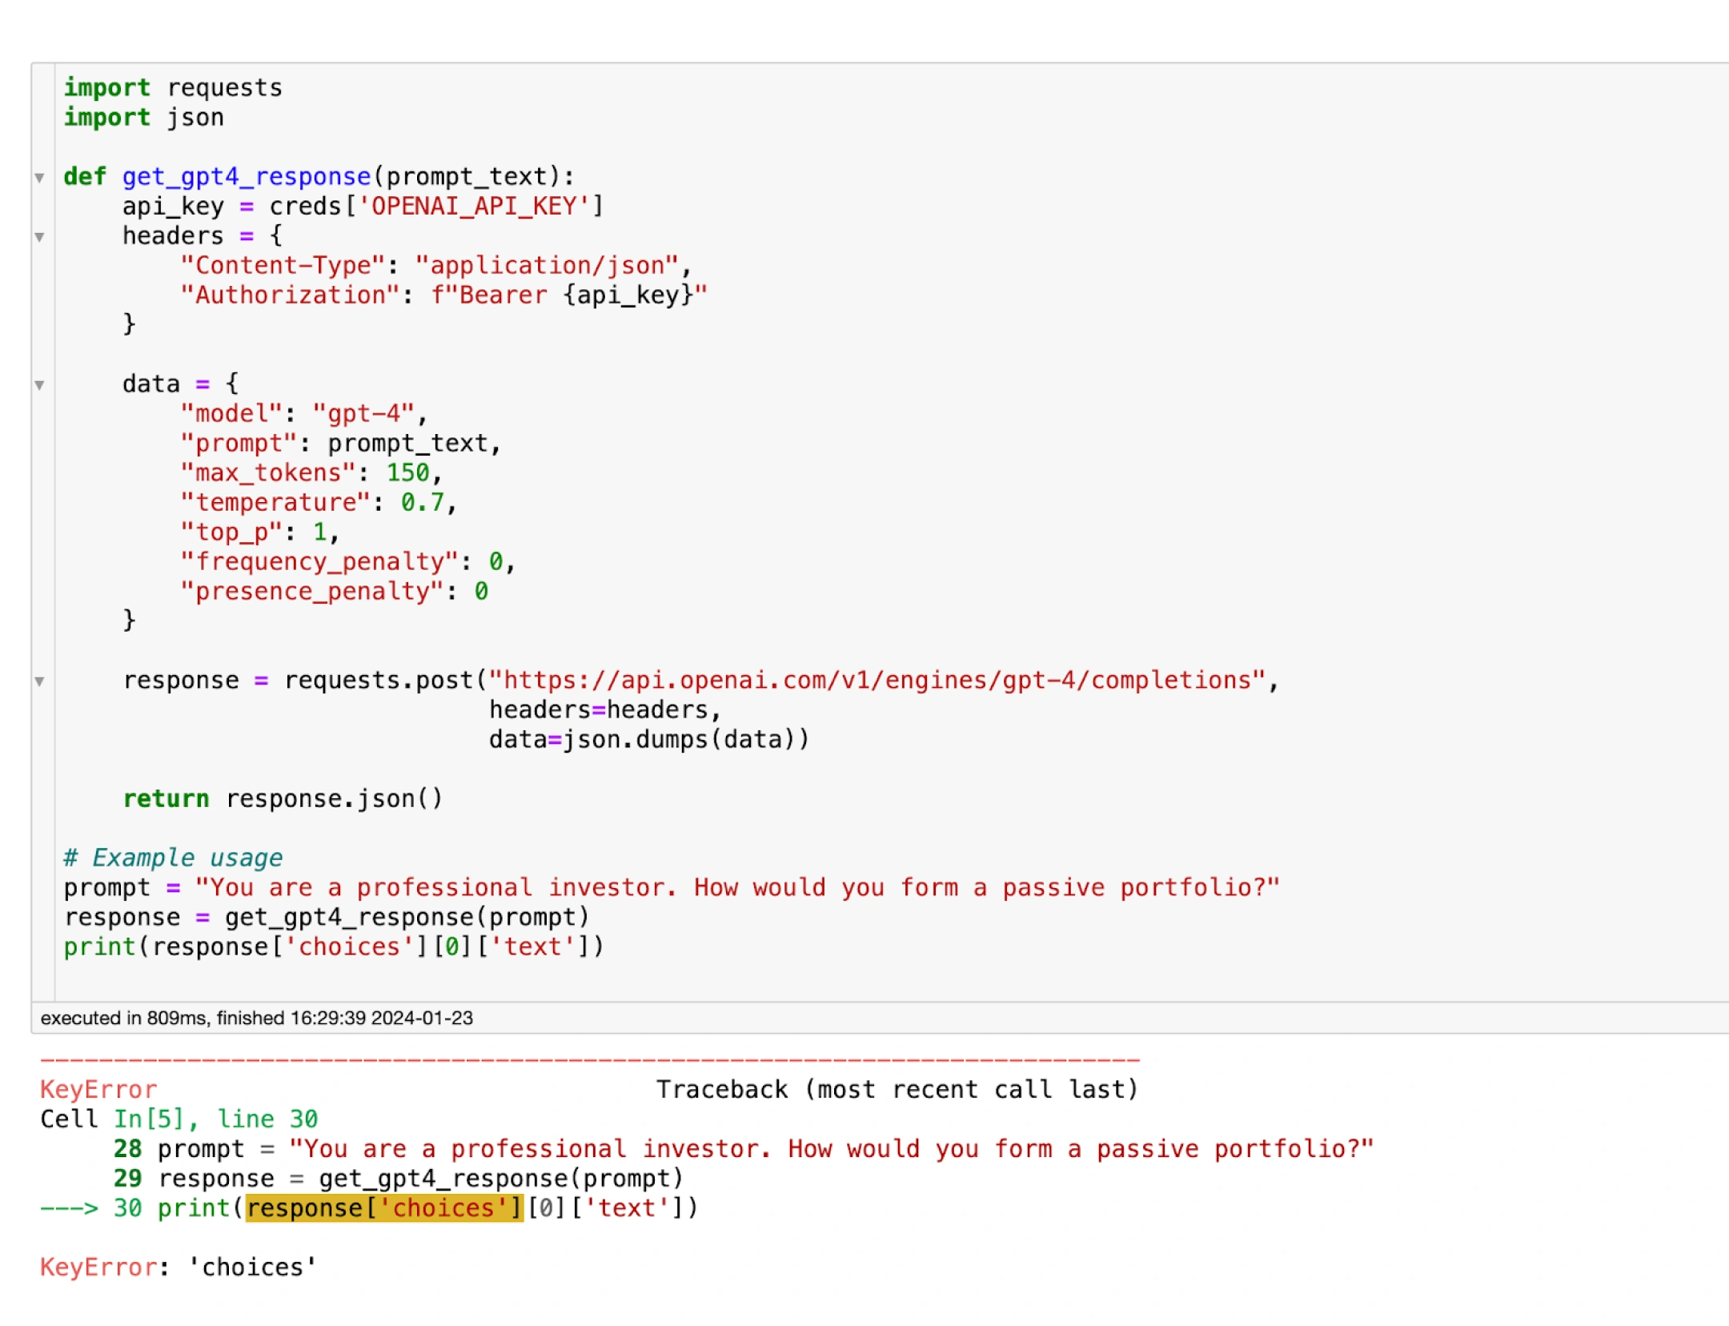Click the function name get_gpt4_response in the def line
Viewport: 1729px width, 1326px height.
(x=247, y=177)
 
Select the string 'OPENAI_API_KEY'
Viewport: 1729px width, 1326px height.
(x=474, y=207)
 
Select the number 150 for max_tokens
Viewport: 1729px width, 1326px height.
(x=408, y=473)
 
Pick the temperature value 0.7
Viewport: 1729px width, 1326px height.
(x=423, y=503)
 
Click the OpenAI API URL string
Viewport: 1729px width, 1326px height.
(x=878, y=681)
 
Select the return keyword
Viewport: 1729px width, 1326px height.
(x=166, y=799)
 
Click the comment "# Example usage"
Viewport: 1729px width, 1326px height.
(x=173, y=858)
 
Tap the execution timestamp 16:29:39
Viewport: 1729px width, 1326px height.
(x=328, y=1019)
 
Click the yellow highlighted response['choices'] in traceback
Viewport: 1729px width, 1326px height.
(x=384, y=1208)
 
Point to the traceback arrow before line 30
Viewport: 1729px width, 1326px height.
(x=70, y=1208)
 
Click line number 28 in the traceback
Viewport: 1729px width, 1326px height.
(x=128, y=1149)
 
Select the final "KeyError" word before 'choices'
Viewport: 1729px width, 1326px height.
(x=98, y=1268)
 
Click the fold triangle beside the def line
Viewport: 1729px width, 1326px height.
(x=39, y=178)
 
